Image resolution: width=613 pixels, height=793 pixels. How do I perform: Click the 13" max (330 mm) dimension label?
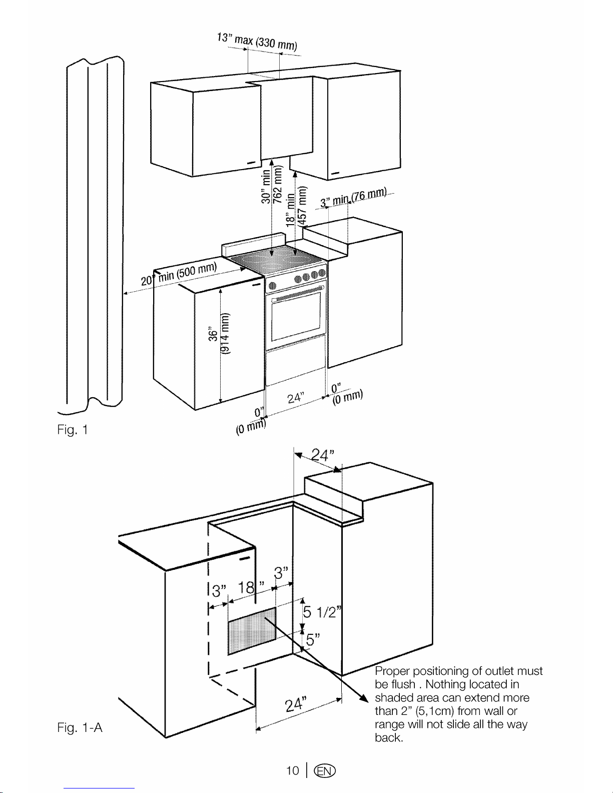257,42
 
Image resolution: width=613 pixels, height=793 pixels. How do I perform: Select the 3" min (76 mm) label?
353,197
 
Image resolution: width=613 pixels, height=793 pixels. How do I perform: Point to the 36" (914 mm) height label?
219,333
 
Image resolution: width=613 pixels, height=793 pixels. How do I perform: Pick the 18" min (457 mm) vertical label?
296,206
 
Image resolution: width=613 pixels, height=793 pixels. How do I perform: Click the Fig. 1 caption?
73,430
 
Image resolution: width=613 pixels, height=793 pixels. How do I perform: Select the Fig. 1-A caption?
80,727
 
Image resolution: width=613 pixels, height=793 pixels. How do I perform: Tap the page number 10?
292,770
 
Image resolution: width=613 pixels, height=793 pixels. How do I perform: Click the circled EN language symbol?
324,771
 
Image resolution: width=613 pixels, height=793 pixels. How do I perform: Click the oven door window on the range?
296,316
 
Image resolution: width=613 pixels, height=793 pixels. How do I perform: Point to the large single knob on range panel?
272,286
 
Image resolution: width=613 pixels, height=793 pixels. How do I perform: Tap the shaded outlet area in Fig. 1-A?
252,631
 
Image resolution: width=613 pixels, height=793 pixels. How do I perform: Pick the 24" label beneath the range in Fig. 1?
296,398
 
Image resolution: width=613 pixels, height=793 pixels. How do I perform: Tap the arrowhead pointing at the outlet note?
364,697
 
